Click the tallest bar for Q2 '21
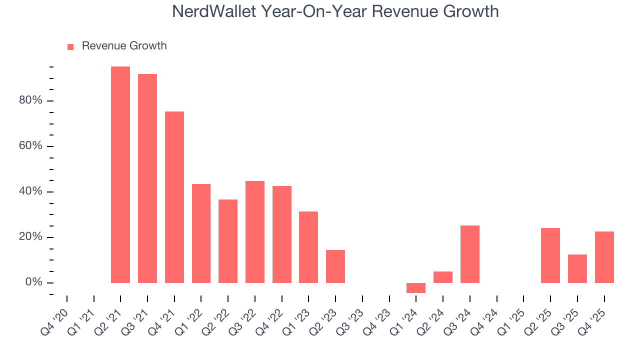[x=120, y=174]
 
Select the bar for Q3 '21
[x=147, y=178]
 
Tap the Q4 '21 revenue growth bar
[x=174, y=197]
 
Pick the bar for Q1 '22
[x=201, y=233]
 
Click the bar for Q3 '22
[x=255, y=232]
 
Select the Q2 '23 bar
[x=335, y=266]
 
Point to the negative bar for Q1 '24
[x=416, y=288]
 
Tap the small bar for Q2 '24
[x=443, y=277]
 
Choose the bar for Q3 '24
[x=470, y=254]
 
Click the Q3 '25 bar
[x=577, y=268]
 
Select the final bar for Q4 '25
[x=604, y=257]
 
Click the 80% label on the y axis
[x=30, y=101]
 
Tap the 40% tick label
[x=30, y=192]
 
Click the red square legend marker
[x=70, y=46]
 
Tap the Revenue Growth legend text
[x=124, y=46]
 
